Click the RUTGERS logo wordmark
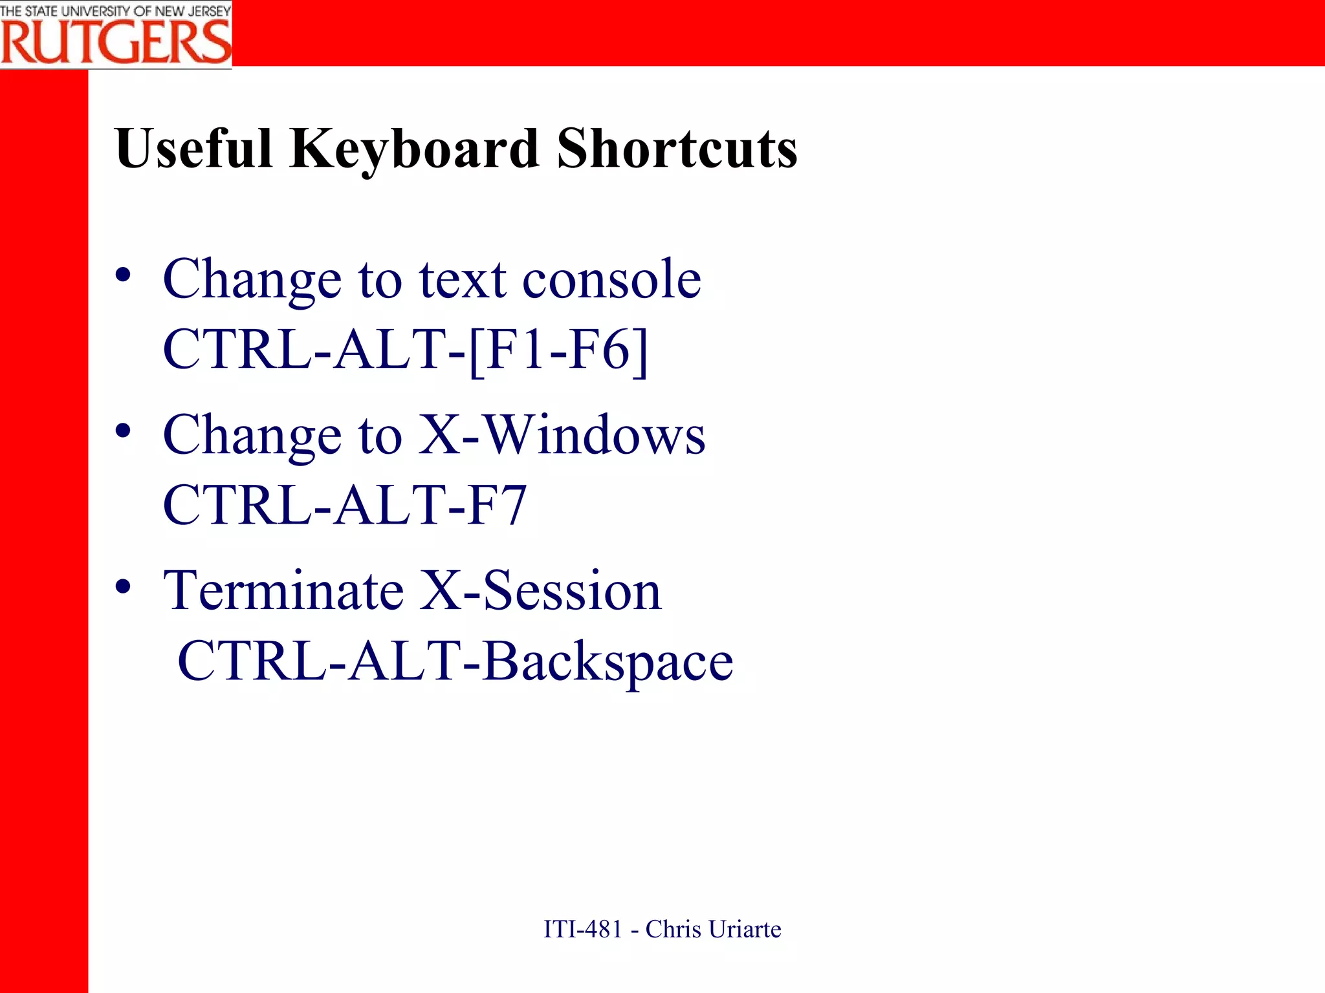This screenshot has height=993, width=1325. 116,42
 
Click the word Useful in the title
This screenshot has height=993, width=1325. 193,149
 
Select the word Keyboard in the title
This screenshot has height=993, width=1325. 414,149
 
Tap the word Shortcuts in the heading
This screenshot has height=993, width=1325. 677,149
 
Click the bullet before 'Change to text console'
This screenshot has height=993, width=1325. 123,275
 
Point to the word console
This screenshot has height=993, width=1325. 611,279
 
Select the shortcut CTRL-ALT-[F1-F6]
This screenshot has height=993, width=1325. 405,350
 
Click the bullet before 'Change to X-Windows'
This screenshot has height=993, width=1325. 123,431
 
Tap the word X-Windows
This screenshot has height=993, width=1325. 562,435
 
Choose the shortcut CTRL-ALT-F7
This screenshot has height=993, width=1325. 345,505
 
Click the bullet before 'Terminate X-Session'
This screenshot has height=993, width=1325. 123,587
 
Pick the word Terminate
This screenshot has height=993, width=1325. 284,590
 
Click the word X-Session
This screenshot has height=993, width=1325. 540,590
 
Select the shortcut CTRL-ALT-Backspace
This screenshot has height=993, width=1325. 455,661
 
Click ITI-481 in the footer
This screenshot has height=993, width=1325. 582,929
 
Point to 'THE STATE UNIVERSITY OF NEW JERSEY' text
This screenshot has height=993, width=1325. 116,11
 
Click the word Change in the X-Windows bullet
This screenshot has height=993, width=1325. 252,435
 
